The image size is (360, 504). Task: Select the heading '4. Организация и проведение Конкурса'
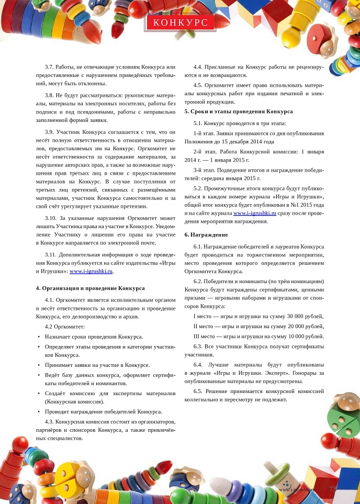tap(90, 288)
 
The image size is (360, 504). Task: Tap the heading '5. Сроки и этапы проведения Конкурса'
tap(239, 111)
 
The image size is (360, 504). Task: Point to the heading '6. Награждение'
tap(206, 234)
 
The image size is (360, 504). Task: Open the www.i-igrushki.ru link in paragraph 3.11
tap(91, 271)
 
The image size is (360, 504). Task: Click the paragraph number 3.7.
tap(50, 67)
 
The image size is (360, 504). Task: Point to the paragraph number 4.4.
tap(198, 67)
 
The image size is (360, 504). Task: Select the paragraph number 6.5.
tap(198, 391)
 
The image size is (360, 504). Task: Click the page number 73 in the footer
tap(332, 488)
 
